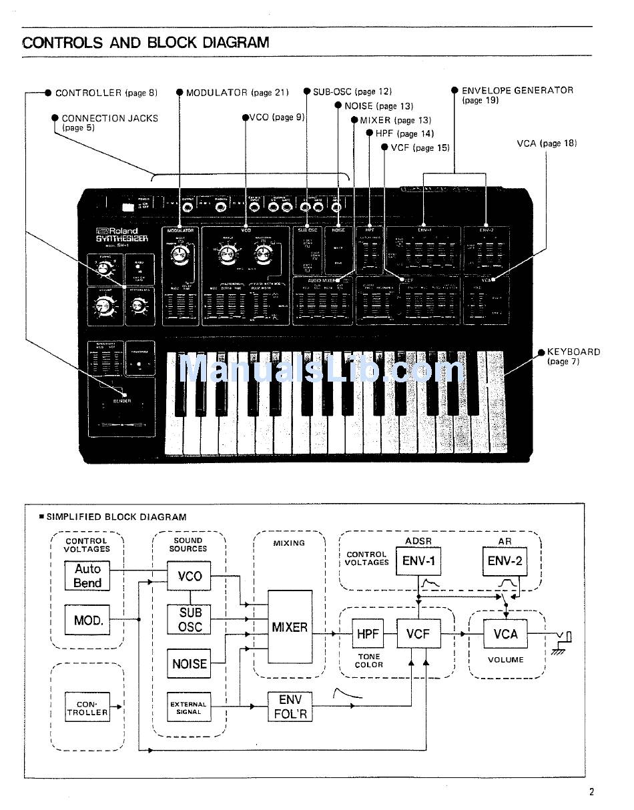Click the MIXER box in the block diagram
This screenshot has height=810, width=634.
coord(290,627)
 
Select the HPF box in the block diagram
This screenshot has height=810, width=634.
coord(368,634)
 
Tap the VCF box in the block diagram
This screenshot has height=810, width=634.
coord(418,634)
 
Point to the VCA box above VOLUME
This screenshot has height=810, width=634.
coord(505,634)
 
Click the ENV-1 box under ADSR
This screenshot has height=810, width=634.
coord(418,561)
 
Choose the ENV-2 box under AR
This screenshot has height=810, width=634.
coord(505,561)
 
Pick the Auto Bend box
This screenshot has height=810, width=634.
coord(87,576)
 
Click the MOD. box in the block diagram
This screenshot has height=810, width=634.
coord(87,620)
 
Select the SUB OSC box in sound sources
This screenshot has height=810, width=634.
coord(190,619)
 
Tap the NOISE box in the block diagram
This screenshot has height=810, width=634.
coord(190,663)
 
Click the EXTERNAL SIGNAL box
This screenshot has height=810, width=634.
coord(189,708)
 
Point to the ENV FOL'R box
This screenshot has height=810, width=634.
coord(290,707)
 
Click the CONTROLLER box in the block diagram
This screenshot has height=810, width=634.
coord(87,708)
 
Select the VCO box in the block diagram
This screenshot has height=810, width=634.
coord(190,576)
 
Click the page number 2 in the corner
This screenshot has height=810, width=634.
coord(591,792)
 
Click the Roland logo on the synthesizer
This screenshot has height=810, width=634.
coord(117,232)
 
